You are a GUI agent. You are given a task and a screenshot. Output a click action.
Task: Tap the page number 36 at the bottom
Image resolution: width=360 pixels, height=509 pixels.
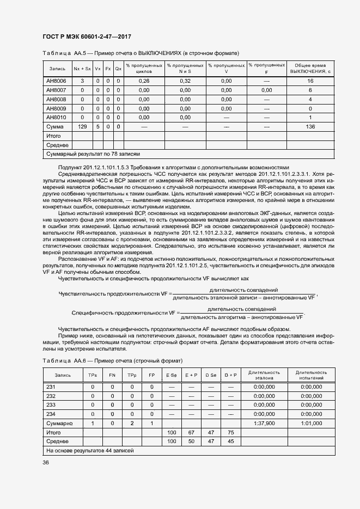(46, 462)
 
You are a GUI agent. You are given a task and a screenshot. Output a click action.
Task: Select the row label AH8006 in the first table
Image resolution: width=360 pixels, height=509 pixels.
(56, 81)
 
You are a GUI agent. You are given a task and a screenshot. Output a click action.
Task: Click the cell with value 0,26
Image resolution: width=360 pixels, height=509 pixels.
(144, 81)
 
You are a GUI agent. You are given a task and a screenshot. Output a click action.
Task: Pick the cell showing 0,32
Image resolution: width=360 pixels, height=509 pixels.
(185, 81)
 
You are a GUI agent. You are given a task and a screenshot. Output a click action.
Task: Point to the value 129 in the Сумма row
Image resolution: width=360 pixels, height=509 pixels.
(83, 126)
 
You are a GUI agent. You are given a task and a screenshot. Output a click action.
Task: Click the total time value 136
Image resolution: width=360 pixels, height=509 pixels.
(310, 126)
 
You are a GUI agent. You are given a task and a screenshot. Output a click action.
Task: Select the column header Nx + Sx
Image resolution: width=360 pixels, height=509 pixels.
(83, 69)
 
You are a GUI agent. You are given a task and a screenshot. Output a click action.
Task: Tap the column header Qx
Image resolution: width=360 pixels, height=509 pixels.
(118, 69)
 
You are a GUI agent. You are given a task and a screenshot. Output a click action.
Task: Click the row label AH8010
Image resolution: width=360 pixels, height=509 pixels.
(56, 118)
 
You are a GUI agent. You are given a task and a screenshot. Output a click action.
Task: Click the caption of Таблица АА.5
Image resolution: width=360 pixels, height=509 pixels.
(141, 53)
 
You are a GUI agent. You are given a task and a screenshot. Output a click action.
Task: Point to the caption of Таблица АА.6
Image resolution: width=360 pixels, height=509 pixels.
(112, 361)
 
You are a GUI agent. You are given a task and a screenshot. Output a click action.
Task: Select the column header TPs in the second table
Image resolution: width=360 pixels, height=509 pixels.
(92, 376)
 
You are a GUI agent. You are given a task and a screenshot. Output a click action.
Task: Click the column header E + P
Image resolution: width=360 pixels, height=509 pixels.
(191, 376)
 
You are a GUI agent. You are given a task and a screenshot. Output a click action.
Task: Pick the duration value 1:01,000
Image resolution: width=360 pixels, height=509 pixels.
(311, 422)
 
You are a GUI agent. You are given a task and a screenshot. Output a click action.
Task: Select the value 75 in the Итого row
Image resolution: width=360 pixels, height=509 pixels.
(230, 432)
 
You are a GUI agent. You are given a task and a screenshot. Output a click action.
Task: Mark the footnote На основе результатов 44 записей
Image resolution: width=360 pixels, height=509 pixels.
(90, 450)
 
